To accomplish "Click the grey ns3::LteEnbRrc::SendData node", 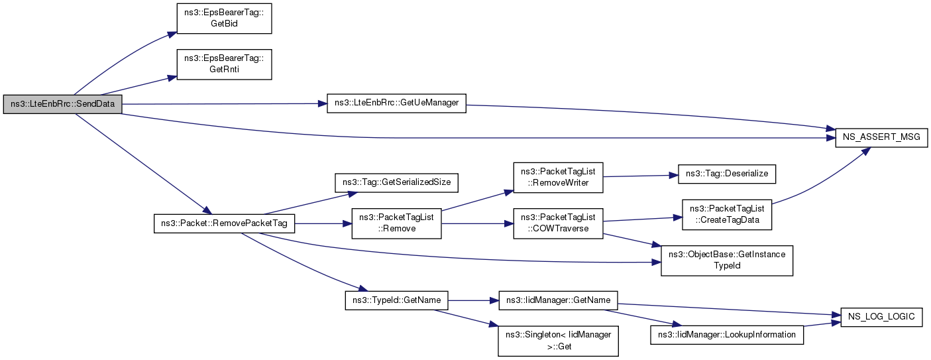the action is click(62, 104).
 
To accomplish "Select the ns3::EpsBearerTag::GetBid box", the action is click(225, 19).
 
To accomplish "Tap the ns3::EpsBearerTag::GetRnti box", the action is click(225, 64).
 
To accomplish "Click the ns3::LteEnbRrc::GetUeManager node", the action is click(396, 103).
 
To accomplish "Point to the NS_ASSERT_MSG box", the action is click(881, 137).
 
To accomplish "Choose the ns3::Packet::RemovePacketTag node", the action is click(225, 223).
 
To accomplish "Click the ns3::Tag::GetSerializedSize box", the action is click(396, 182).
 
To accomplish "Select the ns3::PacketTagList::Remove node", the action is click(396, 223).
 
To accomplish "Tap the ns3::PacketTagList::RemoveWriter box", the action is click(558, 178).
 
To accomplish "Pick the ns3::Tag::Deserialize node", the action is click(727, 174).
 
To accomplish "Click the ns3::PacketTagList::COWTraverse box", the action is click(558, 223).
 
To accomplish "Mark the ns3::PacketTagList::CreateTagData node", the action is click(727, 215).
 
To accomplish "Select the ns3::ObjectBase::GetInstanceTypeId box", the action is click(727, 261).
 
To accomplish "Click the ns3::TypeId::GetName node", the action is click(396, 300).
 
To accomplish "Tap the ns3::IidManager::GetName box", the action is click(558, 300).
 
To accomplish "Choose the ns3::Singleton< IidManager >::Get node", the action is click(558, 341).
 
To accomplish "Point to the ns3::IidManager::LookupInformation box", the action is click(727, 335).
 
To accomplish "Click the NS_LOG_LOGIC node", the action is click(881, 317).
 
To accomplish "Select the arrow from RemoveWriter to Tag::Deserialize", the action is click(641, 176).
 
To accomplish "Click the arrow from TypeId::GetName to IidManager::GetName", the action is click(473, 300).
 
